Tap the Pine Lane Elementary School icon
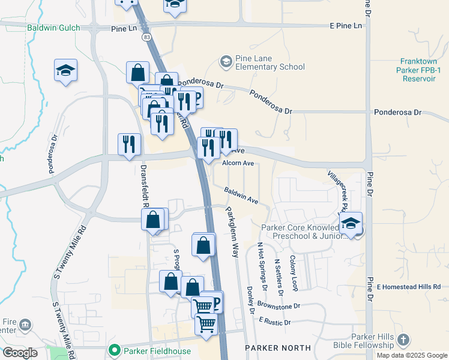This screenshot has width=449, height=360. pyautogui.click(x=226, y=61)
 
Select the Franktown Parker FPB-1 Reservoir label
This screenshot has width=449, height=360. pyautogui.click(x=423, y=70)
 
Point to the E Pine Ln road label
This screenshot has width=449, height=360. pyautogui.click(x=346, y=26)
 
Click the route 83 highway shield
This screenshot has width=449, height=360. pyautogui.click(x=147, y=37)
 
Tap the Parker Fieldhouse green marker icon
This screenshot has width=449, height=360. pyautogui.click(x=113, y=350)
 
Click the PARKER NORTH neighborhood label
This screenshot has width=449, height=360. pyautogui.click(x=278, y=347)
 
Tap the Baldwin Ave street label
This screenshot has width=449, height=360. pyautogui.click(x=241, y=194)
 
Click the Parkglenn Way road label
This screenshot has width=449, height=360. pyautogui.click(x=232, y=232)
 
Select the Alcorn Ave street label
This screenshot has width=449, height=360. pyautogui.click(x=238, y=163)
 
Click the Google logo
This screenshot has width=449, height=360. pyautogui.click(x=20, y=353)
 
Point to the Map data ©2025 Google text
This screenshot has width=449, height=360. pyautogui.click(x=412, y=355)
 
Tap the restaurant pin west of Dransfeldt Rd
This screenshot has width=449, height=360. pyautogui.click(x=129, y=145)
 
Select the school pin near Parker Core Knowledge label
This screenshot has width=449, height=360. pyautogui.click(x=351, y=224)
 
